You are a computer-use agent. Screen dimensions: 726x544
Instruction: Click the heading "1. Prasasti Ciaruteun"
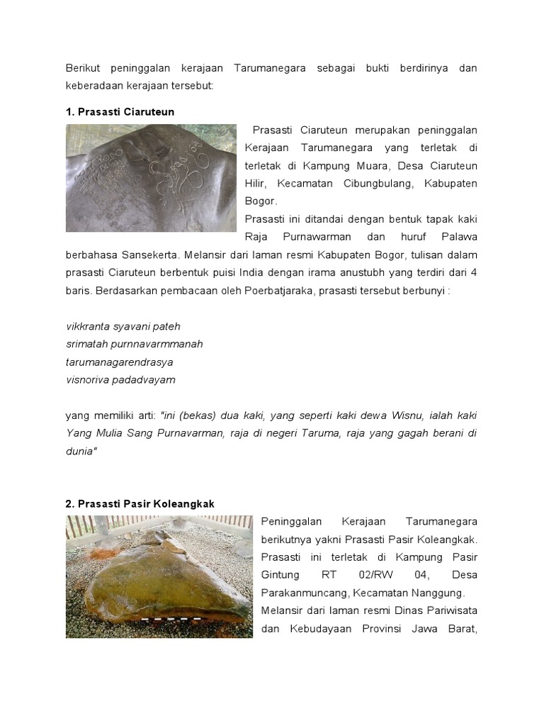tap(120, 112)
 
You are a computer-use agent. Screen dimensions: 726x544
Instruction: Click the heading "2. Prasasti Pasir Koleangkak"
tap(140, 503)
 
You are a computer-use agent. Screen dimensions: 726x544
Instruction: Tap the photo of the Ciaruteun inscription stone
tap(151, 178)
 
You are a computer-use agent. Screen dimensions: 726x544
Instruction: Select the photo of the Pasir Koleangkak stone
tap(159, 576)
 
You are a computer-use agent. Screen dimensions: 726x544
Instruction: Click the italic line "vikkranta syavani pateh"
tap(123, 326)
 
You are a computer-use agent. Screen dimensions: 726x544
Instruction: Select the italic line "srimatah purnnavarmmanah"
tap(134, 344)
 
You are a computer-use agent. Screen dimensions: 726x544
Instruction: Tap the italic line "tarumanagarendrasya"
tap(119, 362)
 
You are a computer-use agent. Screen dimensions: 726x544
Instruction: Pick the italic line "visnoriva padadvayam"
tap(120, 379)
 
